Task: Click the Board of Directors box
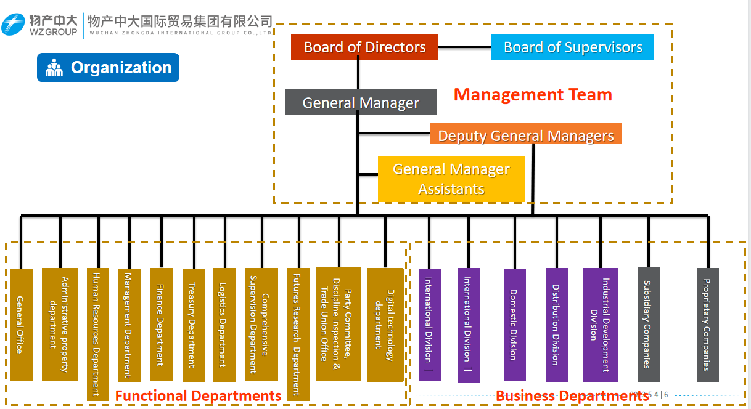[364, 47]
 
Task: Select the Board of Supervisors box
[572, 47]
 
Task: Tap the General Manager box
[361, 102]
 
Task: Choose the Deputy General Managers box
[525, 134]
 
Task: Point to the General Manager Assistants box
[451, 179]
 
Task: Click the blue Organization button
[108, 68]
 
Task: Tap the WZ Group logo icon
[13, 24]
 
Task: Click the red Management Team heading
[533, 94]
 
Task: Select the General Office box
[22, 325]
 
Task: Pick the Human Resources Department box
[97, 334]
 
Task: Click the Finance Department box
[161, 324]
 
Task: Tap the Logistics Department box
[224, 325]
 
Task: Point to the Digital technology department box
[385, 325]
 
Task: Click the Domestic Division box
[514, 325]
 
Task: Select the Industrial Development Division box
[600, 325]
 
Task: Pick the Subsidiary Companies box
[648, 325]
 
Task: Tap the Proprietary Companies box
[708, 325]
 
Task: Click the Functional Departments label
[198, 395]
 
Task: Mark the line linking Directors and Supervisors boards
[465, 47]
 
